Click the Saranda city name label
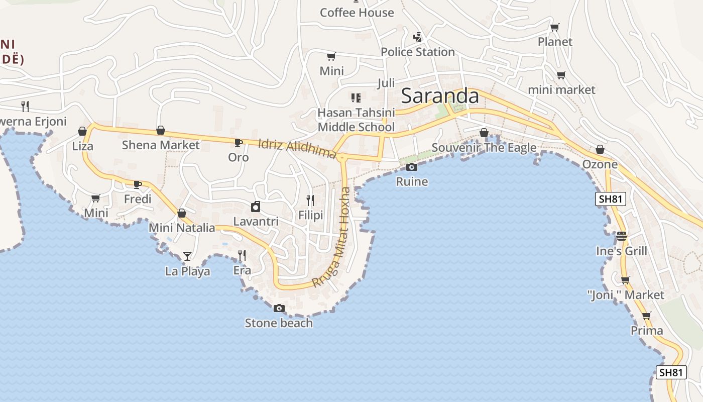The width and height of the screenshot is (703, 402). [440, 95]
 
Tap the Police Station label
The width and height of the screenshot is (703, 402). [417, 52]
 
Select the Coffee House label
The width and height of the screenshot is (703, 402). [357, 13]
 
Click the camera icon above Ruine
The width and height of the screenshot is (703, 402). [412, 167]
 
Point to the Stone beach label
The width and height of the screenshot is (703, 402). [279, 323]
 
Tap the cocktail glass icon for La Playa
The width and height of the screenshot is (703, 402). [187, 256]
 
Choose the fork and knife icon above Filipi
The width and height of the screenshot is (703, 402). [310, 200]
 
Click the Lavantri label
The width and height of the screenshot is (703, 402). [256, 221]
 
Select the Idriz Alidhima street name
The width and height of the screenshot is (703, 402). [297, 148]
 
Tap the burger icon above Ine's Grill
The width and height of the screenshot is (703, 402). [622, 236]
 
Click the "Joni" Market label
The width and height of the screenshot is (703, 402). [626, 295]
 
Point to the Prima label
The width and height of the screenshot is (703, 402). [647, 331]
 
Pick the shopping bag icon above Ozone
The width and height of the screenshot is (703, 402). [600, 150]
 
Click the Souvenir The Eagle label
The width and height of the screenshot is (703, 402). [484, 148]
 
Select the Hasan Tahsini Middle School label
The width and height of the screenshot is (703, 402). [356, 120]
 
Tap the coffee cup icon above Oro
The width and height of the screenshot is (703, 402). [239, 143]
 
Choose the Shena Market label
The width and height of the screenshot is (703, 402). [161, 145]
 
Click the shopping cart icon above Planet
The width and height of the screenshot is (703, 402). [554, 28]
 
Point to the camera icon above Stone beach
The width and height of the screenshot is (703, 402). [279, 308]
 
